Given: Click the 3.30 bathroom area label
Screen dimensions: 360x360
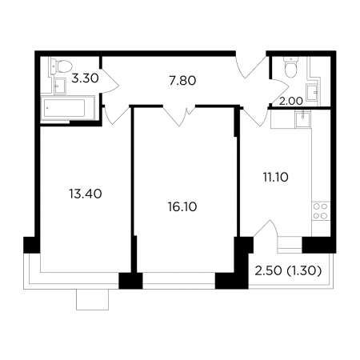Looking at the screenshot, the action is coord(85,78).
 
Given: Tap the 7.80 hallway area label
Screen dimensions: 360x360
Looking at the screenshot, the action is coord(182,80).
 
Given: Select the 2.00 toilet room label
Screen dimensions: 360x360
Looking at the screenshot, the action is coord(291,101).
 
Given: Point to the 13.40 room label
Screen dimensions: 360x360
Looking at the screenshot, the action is coord(86,194).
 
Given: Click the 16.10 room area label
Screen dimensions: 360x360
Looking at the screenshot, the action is coord(182,206).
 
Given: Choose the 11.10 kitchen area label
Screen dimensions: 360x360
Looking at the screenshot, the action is coord(276,177).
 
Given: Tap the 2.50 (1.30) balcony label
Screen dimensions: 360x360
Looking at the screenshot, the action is coord(288,271).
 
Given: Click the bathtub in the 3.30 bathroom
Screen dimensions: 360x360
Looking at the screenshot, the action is coord(64,108).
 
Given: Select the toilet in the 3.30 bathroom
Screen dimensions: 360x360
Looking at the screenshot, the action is coord(62,66).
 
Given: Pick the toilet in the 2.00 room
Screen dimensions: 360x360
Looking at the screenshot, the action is coord(290,66).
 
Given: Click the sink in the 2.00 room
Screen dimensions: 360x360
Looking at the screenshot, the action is coord(312,92).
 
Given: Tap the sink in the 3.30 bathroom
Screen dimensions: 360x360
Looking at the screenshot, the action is coord(60,86).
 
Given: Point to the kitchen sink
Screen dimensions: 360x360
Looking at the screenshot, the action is coord(302,120).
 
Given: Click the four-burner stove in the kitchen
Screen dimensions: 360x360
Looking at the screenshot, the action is coord(320,211).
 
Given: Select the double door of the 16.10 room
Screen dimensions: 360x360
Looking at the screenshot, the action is coord(179,115).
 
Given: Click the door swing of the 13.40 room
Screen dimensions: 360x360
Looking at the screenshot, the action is coord(116,114).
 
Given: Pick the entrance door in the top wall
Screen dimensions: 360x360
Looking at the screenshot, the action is coord(251,66).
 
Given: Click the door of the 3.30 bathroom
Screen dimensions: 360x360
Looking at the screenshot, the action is coord(110,81).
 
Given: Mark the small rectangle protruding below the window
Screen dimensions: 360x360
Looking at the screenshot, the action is coord(92,299).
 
